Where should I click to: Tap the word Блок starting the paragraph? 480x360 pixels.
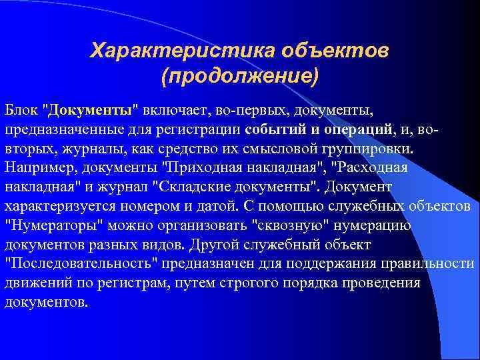[21, 108]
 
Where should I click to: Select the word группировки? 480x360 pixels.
[370, 147]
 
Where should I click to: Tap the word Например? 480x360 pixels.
[35, 167]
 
